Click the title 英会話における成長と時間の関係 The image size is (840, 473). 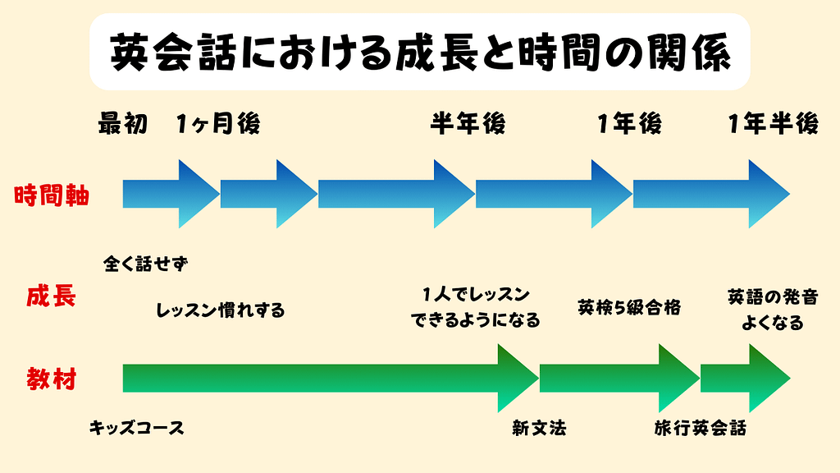click(x=419, y=53)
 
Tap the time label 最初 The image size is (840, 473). click(x=123, y=124)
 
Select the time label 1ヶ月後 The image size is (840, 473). click(x=217, y=124)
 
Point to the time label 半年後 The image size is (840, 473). click(x=468, y=124)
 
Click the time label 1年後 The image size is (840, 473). click(x=629, y=124)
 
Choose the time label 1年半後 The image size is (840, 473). click(x=773, y=124)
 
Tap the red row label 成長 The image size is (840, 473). click(x=52, y=296)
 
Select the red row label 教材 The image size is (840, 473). click(x=52, y=379)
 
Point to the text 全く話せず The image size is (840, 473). click(x=146, y=264)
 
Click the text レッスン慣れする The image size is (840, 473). click(x=220, y=310)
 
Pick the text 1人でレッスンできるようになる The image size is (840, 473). click(x=476, y=307)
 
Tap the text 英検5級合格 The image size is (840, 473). click(x=629, y=307)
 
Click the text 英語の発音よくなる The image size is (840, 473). click(x=772, y=309)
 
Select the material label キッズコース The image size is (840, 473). click(x=136, y=428)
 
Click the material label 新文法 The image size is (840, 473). click(x=539, y=428)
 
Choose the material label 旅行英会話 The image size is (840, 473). click(x=701, y=428)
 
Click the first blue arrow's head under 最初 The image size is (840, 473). click(x=197, y=195)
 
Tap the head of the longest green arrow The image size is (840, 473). click(x=515, y=378)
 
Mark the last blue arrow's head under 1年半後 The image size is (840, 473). click(x=766, y=195)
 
